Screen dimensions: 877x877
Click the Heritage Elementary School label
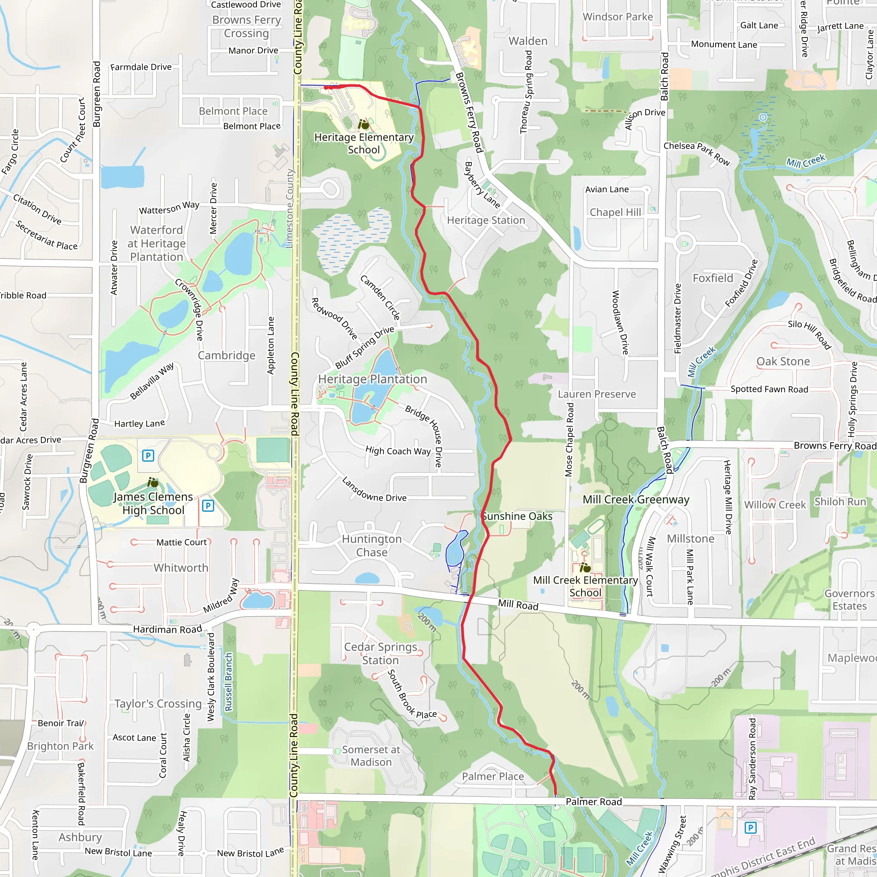(364, 143)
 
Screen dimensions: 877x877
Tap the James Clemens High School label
(153, 504)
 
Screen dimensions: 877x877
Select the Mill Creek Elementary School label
(585, 587)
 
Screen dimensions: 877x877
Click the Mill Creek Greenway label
(636, 500)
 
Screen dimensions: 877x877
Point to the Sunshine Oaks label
(517, 516)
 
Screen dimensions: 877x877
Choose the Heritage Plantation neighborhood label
(372, 379)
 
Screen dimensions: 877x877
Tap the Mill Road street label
(518, 605)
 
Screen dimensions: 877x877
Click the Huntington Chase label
(372, 546)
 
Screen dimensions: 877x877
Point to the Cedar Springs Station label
(380, 653)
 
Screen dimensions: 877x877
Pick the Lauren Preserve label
(597, 394)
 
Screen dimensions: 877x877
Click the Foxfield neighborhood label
(713, 278)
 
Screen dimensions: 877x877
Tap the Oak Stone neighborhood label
(783, 361)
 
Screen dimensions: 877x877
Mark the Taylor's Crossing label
(158, 704)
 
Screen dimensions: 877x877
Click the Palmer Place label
(493, 776)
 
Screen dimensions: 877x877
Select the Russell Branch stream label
(229, 682)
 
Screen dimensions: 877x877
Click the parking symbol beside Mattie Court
(208, 506)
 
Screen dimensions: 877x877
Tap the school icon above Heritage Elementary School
(363, 124)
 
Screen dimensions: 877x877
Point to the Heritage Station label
(486, 220)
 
